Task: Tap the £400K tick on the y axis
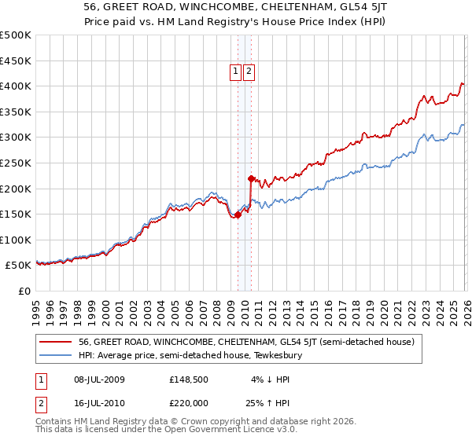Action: [x=16, y=86]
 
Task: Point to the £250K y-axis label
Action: [x=16, y=163]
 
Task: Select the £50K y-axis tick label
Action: [x=19, y=266]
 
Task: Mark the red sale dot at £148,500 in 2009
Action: [x=238, y=214]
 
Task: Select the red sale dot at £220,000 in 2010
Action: [x=251, y=178]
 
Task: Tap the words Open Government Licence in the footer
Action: [x=218, y=430]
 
